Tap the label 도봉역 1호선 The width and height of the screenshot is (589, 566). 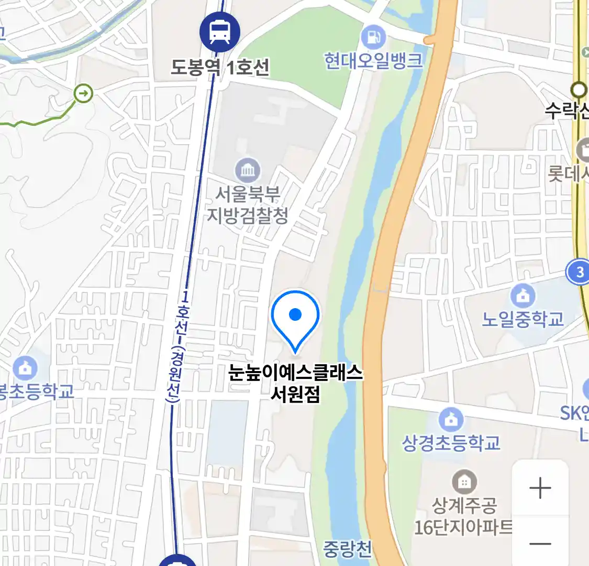220,67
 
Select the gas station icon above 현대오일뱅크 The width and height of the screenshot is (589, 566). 373,37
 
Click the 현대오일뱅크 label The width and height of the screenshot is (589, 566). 373,61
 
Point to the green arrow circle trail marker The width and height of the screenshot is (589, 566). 83,94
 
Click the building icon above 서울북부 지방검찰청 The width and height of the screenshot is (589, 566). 248,170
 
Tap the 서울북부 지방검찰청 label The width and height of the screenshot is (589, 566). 248,205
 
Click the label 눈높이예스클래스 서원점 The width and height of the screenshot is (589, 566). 295,383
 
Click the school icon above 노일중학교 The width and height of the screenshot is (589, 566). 523,297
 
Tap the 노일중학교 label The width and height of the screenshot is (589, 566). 523,319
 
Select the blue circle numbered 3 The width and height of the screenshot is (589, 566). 579,273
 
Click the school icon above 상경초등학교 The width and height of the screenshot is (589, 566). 451,420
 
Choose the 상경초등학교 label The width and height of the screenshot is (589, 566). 451,443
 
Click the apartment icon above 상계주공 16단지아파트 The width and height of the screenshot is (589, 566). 464,481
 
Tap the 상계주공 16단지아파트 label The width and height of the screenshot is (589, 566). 464,516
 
